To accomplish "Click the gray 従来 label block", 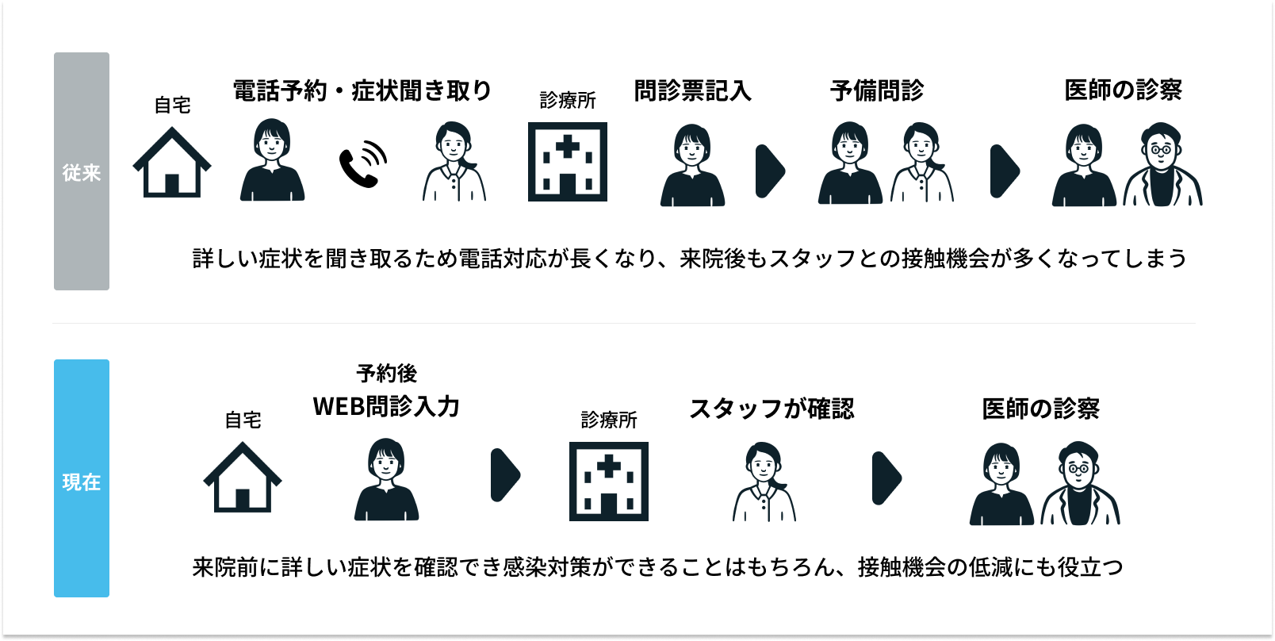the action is pos(82,171).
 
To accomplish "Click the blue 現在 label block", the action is pos(82,478).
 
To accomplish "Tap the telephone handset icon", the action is pos(363,164).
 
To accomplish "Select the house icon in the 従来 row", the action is pos(172,163).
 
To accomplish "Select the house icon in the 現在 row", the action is pos(243,478).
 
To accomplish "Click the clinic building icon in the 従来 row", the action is pos(568,162).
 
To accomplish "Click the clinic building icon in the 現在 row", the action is pos(609,482).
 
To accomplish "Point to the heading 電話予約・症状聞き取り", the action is pos(362,90).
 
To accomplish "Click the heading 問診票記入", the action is pos(692,90).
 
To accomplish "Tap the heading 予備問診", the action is pos(877,90).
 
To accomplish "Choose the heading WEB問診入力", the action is pos(386,406).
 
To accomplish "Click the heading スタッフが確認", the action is pos(772,409).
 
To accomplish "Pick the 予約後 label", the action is pos(386,373).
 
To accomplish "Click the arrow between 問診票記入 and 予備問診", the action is pos(770,171).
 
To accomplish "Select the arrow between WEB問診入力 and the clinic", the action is pos(505,475).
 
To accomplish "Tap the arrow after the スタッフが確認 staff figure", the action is pos(886,478).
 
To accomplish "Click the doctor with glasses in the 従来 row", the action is pos(1162,165).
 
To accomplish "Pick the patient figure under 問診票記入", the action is pos(692,166).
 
